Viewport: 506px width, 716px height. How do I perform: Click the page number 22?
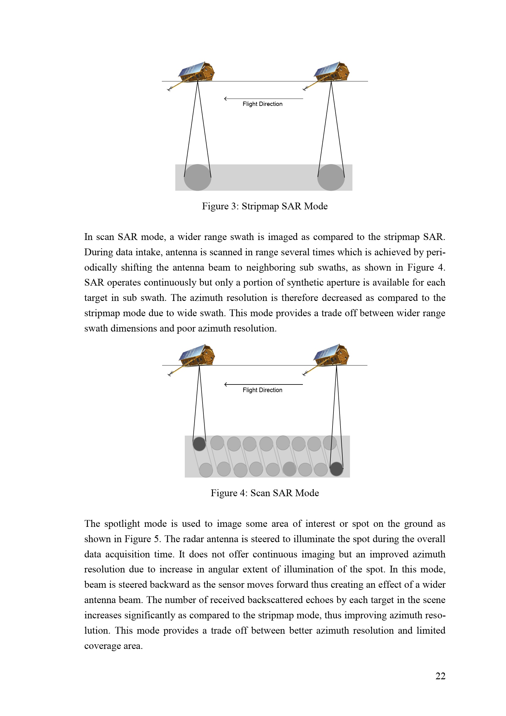(x=440, y=676)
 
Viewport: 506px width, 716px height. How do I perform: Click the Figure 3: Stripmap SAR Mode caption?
(x=265, y=206)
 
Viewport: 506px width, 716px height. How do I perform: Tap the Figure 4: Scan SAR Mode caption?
(x=265, y=493)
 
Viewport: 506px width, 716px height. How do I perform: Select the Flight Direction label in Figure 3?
(x=262, y=104)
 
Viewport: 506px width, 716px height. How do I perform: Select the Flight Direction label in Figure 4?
(x=262, y=390)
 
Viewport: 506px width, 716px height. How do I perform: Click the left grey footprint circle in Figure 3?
(x=198, y=178)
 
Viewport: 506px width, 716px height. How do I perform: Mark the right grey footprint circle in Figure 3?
(x=331, y=178)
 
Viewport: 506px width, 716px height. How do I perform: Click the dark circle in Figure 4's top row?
(x=199, y=444)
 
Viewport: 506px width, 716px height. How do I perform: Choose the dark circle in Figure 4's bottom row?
(x=337, y=469)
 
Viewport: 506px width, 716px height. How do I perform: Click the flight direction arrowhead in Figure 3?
(x=225, y=99)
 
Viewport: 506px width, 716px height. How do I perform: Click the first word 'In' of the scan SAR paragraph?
(x=88, y=237)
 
